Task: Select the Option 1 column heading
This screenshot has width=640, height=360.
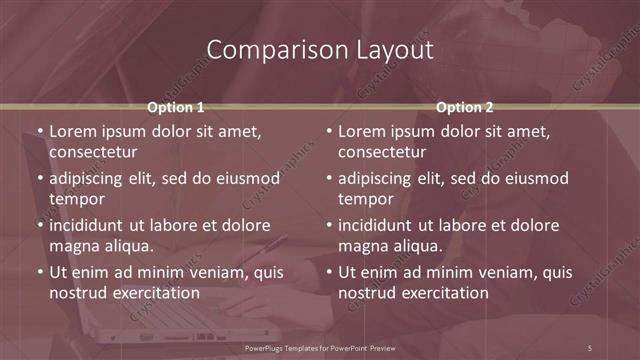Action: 176,107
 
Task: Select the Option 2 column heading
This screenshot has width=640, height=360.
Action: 465,107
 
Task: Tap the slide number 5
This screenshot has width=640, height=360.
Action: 590,347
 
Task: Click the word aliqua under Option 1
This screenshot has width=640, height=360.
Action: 126,246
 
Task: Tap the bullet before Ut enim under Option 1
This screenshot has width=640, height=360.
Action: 39,272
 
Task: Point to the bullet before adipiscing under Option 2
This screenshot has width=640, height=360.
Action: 328,178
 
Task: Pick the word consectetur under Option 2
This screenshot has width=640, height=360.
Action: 382,152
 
